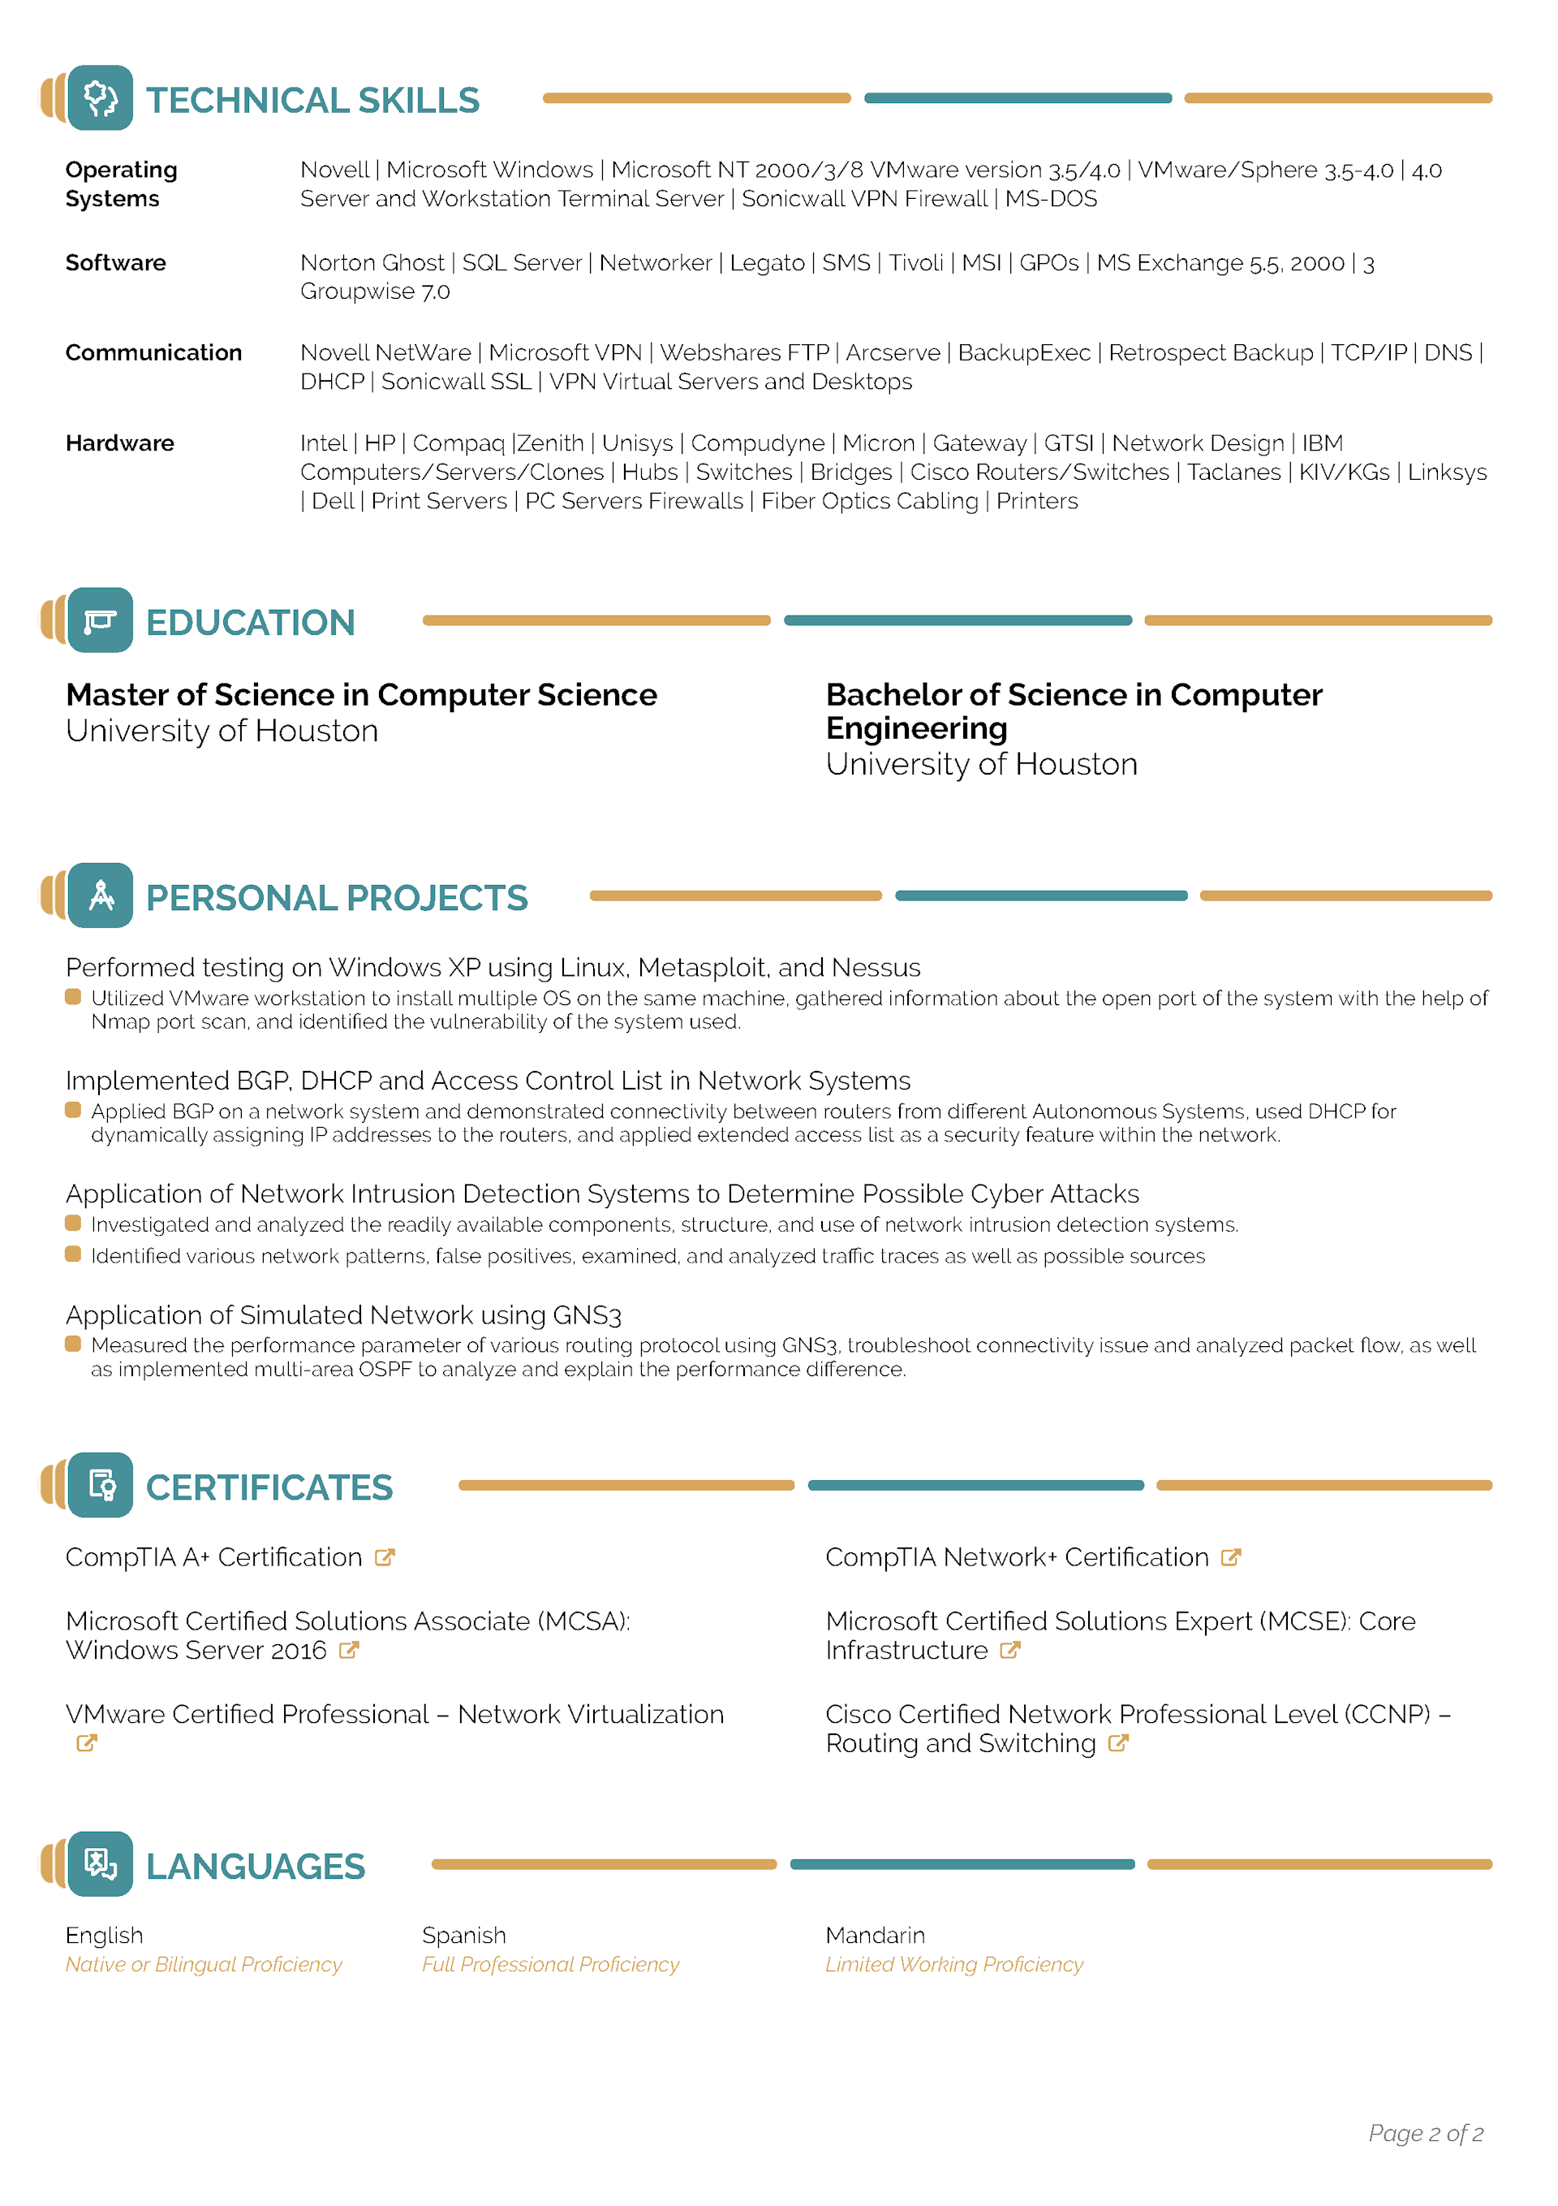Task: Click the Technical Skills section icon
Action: coord(100,98)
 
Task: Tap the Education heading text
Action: coord(250,623)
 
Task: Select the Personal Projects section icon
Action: coord(100,896)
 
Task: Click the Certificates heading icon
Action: coord(100,1485)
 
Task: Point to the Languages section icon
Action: coord(100,1864)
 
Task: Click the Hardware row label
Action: coord(120,444)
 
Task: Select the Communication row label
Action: coord(153,352)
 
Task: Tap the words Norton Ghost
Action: coord(372,263)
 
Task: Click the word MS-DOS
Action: coord(1051,199)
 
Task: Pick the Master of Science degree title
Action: coord(361,695)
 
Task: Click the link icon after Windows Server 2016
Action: coord(349,1651)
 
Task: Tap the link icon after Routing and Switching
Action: coord(1117,1744)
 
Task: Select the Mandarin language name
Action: coord(875,1935)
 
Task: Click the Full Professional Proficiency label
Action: coord(550,1965)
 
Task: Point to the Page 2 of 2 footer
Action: coord(1426,2134)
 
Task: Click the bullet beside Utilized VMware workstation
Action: coord(73,997)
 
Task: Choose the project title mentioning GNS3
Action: coord(343,1315)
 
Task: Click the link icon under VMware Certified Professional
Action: coord(87,1744)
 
